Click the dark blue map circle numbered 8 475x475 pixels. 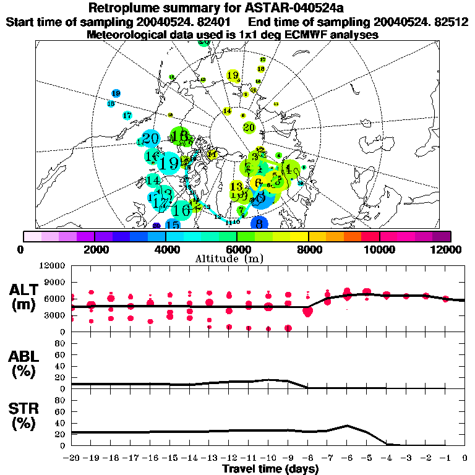coord(260,223)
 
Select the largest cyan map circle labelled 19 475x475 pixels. coord(168,164)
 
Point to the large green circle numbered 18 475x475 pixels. coord(180,135)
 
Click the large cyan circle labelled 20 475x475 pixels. coord(150,139)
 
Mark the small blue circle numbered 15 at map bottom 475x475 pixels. coord(173,225)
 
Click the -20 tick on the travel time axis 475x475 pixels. coord(72,458)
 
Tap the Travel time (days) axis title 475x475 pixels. coord(270,469)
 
